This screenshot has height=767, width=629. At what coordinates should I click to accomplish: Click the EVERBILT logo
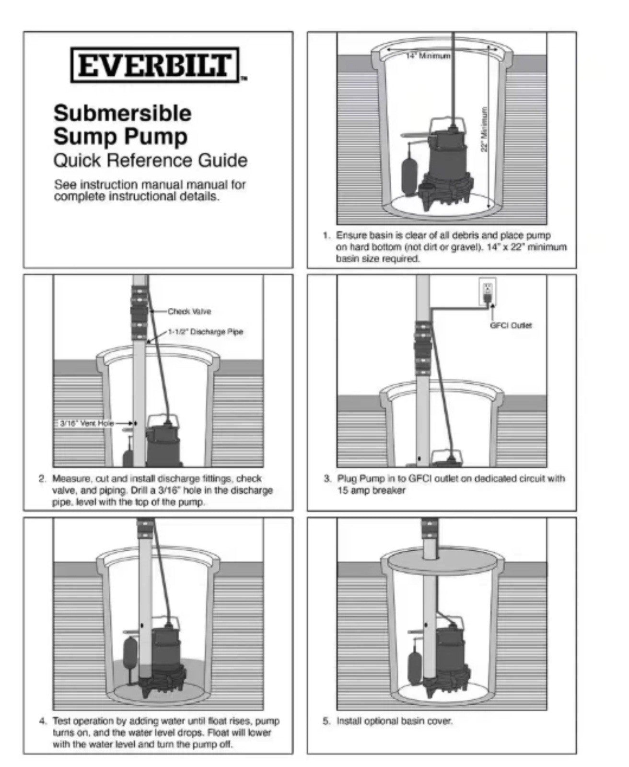[155, 65]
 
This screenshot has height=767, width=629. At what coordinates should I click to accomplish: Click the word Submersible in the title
[122, 114]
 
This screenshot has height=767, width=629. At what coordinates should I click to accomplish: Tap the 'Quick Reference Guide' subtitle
[150, 160]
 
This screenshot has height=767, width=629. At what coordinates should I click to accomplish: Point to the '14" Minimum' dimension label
[428, 56]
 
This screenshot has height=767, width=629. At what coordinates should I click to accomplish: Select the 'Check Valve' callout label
[189, 312]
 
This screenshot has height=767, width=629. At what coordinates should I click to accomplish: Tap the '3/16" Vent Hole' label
[86, 423]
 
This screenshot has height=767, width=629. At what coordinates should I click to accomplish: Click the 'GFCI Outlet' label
[511, 325]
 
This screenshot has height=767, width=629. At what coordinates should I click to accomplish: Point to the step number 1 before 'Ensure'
[326, 236]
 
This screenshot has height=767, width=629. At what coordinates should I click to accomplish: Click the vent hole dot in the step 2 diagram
[136, 423]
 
